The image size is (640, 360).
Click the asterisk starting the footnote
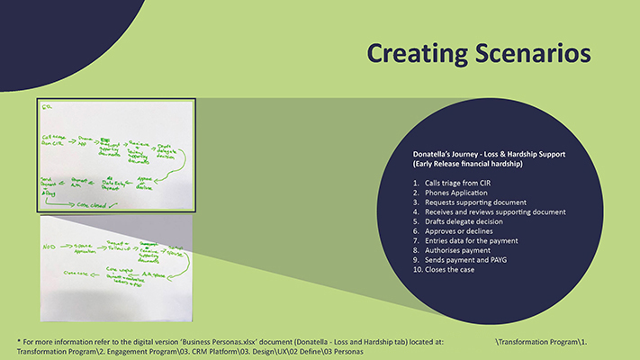(x=19, y=341)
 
